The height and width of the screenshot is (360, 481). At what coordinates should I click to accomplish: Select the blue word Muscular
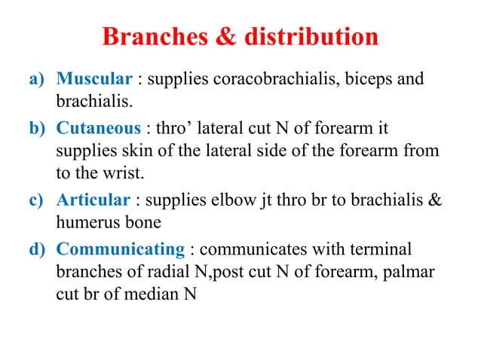tap(95, 79)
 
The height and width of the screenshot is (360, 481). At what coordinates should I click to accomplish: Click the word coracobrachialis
tap(259, 79)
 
